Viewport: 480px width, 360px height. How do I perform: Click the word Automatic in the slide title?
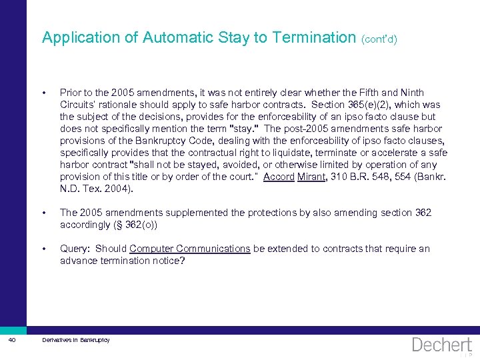(x=179, y=37)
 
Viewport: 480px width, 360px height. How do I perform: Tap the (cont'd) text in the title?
(x=379, y=39)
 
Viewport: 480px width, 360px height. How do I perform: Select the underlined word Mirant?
(x=311, y=177)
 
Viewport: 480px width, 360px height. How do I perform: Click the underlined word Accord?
(x=279, y=177)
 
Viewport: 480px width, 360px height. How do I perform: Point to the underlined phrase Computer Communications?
(x=190, y=249)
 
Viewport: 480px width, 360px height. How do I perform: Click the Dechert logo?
(x=442, y=345)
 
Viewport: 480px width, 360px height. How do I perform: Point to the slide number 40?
(x=13, y=341)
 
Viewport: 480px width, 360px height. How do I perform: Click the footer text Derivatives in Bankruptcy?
(x=75, y=341)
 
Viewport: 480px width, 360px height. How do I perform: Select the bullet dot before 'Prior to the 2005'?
(x=44, y=93)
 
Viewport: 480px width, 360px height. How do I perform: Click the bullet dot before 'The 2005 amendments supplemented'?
(x=44, y=213)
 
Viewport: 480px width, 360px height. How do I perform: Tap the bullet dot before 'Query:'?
(x=44, y=249)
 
